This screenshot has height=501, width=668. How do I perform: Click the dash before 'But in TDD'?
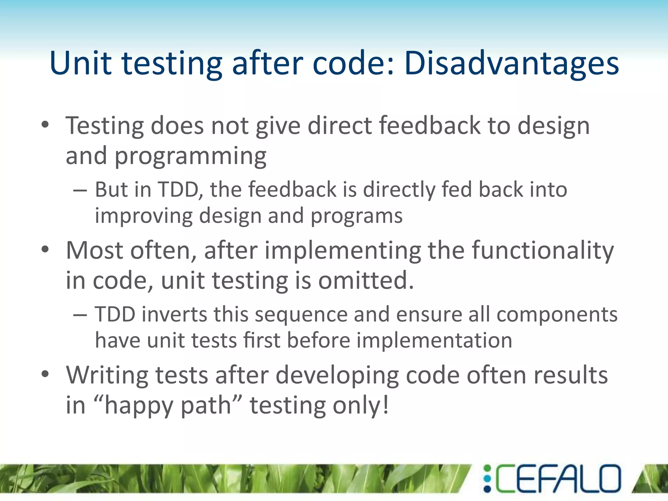[x=80, y=190]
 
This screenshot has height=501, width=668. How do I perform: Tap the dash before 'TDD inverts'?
[x=80, y=315]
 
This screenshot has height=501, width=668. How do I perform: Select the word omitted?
[x=366, y=281]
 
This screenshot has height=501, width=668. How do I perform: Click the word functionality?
[x=543, y=250]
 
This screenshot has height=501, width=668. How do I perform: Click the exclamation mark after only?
[x=386, y=404]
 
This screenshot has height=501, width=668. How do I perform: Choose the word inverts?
[x=175, y=315]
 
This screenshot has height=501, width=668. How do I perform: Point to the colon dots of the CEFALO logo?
[x=487, y=478]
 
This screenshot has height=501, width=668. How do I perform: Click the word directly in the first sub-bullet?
[x=399, y=190]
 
